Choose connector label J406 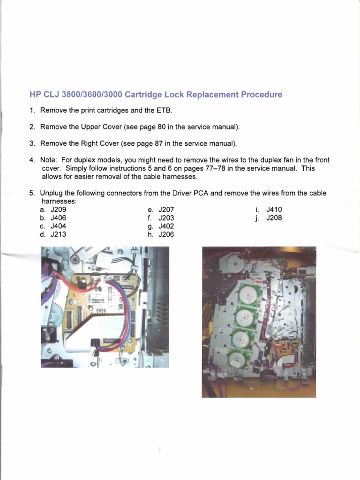click(x=59, y=218)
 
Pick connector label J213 click(x=59, y=234)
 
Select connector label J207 click(x=166, y=210)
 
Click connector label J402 click(x=166, y=226)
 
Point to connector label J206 click(x=166, y=234)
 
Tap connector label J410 click(x=274, y=210)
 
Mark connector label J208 click(x=274, y=218)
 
